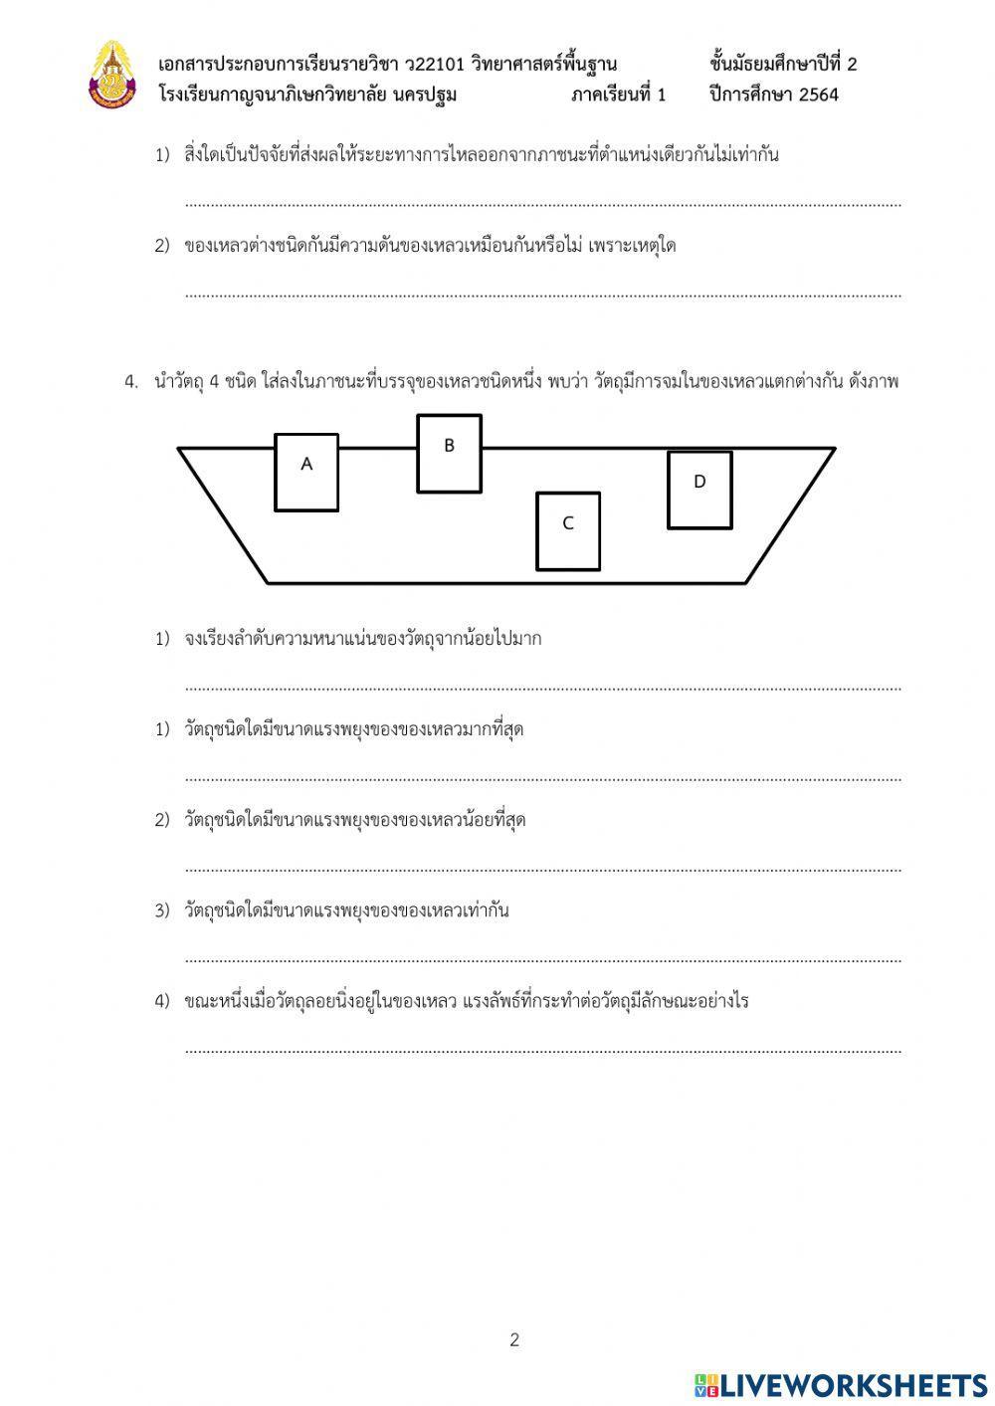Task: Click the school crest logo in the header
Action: pyautogui.click(x=110, y=75)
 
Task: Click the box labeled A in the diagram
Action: pyautogui.click(x=306, y=472)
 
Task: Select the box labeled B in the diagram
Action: pyautogui.click(x=449, y=453)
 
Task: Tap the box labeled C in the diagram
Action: pyautogui.click(x=568, y=530)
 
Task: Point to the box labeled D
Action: pyautogui.click(x=699, y=489)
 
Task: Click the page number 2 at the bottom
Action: pyautogui.click(x=514, y=1339)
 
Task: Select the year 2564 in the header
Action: pyautogui.click(x=816, y=96)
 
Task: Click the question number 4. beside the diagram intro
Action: pyautogui.click(x=131, y=382)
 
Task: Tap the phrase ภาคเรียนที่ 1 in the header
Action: pyautogui.click(x=618, y=96)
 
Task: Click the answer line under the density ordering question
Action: pyautogui.click(x=542, y=687)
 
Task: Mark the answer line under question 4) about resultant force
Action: pyautogui.click(x=542, y=1050)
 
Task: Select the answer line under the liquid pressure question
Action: pyautogui.click(x=542, y=295)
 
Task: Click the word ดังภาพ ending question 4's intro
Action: pyautogui.click(x=874, y=382)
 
